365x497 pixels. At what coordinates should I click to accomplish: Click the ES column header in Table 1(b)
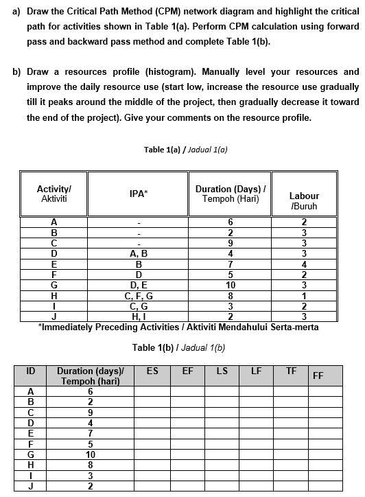(x=152, y=371)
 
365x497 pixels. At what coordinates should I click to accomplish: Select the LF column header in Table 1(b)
(x=256, y=371)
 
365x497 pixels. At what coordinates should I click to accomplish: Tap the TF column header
(x=291, y=371)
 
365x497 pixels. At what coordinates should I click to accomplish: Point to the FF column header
(x=318, y=375)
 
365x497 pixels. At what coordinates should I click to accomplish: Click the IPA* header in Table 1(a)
(x=138, y=194)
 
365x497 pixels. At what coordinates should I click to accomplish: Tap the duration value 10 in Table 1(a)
(x=230, y=285)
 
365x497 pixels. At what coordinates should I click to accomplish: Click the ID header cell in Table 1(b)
(x=31, y=371)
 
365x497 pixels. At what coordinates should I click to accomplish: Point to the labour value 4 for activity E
(x=304, y=263)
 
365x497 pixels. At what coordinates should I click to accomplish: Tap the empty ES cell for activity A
(x=152, y=391)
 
